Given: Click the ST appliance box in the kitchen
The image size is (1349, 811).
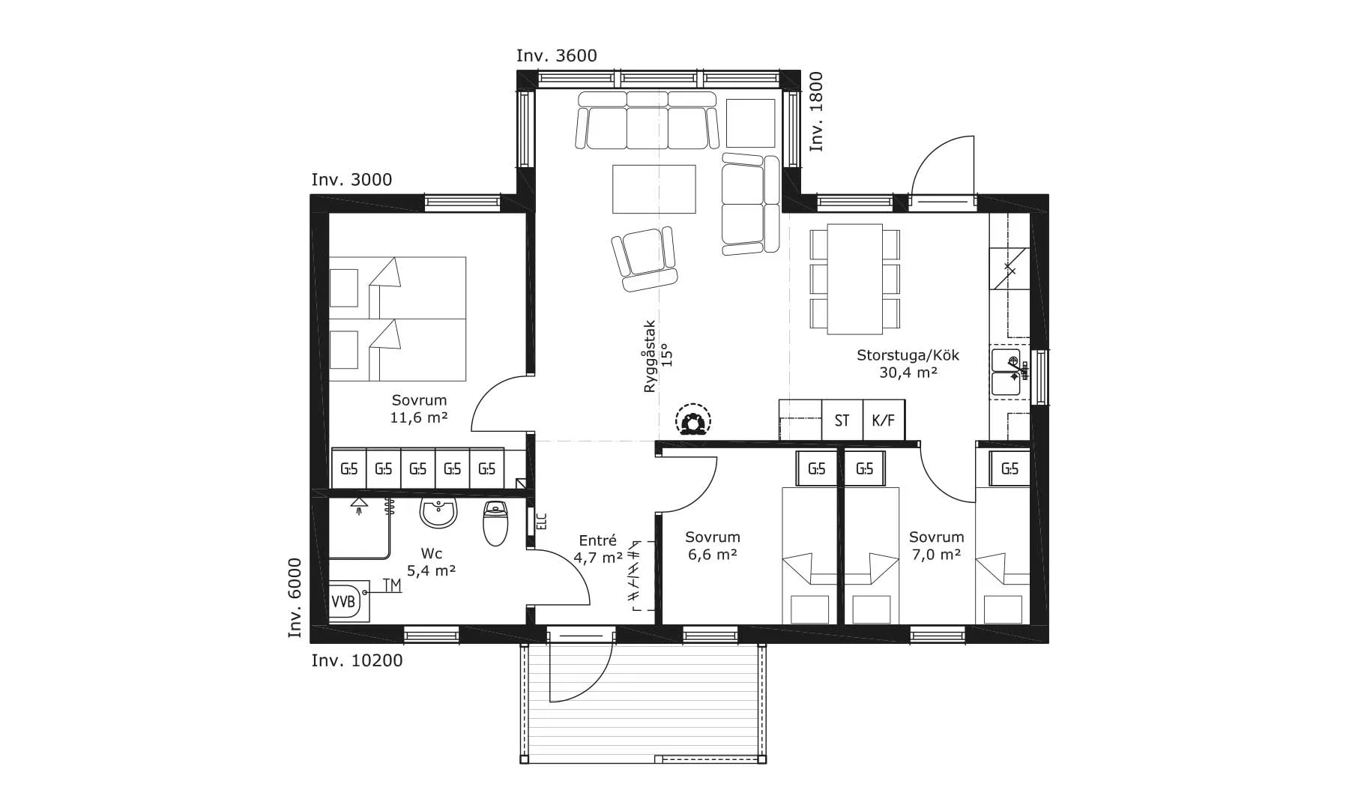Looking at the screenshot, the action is click(842, 420).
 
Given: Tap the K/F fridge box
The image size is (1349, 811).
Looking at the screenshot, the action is click(884, 420).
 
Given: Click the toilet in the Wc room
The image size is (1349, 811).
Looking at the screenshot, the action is click(495, 522).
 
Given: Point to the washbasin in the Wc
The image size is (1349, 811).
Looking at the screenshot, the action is click(438, 513).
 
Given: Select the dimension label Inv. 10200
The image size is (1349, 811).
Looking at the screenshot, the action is click(357, 660).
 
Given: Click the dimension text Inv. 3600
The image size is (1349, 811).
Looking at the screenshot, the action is click(557, 55).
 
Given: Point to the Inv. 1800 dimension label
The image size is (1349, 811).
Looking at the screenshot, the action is click(816, 112).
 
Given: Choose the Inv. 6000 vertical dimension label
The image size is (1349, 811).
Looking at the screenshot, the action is click(295, 598).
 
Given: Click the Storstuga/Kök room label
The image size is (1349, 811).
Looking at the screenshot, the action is click(908, 355).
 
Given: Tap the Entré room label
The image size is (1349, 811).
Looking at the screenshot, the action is click(598, 540).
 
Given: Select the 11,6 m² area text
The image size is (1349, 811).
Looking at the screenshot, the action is click(419, 418).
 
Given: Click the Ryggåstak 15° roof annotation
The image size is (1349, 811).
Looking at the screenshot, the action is click(658, 357).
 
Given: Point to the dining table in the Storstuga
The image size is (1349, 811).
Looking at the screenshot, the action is click(854, 279).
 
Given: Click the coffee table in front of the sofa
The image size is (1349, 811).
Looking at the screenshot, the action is click(654, 189).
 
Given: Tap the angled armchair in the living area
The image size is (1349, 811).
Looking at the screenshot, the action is click(645, 259).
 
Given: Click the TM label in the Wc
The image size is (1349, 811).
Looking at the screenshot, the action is click(391, 585).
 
